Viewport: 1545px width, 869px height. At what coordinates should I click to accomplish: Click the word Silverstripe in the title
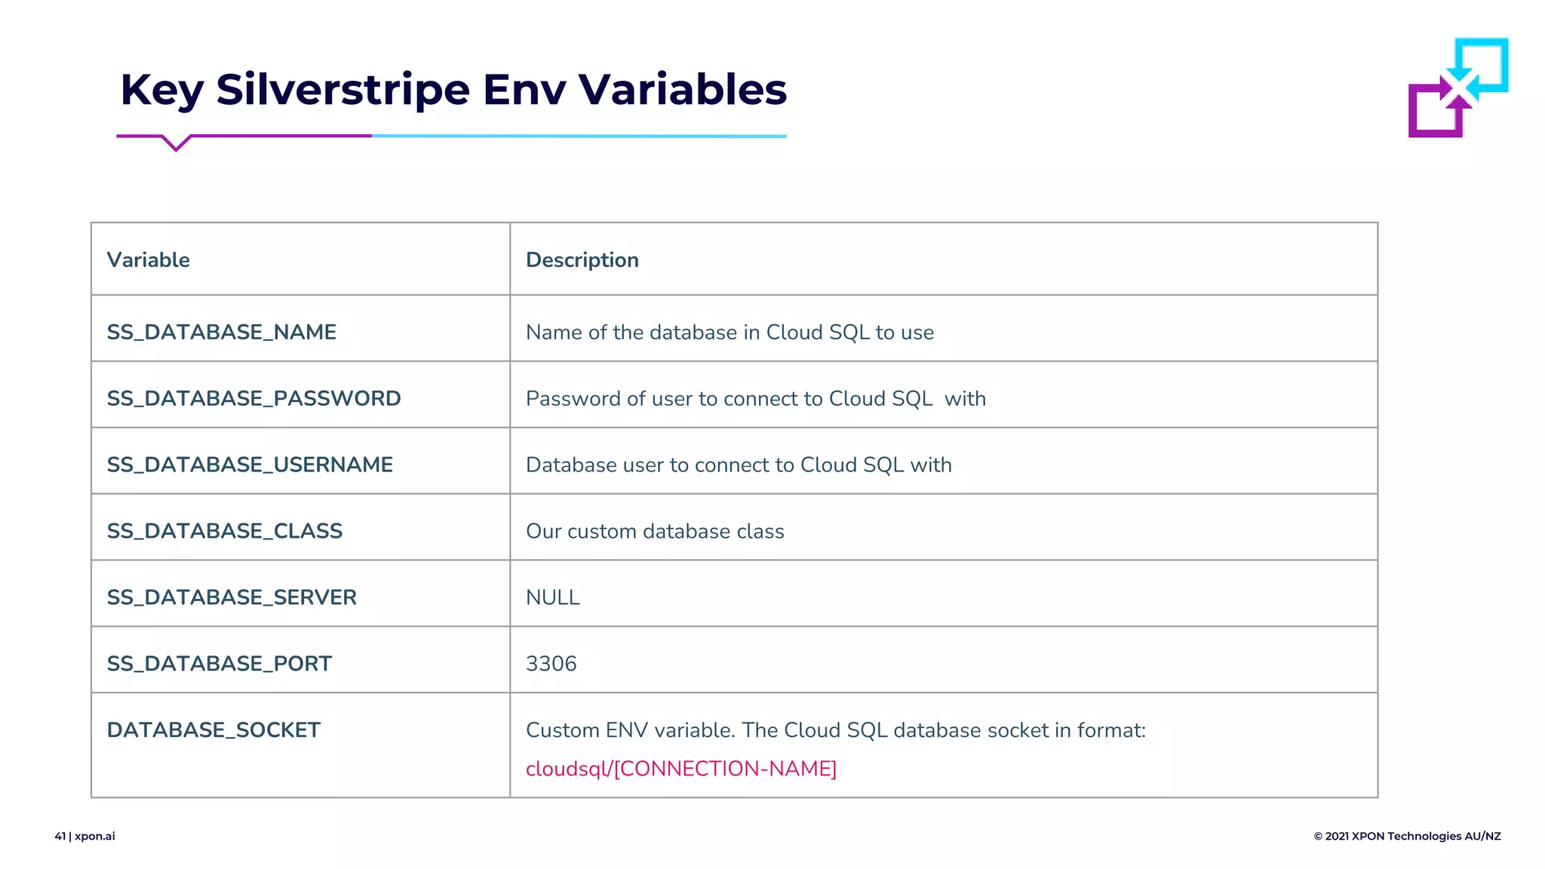click(342, 89)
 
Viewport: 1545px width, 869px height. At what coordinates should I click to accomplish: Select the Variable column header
click(149, 260)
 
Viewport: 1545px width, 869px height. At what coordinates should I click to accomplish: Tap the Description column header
click(582, 260)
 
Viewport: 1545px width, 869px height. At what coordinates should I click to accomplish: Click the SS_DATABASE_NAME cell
click(221, 332)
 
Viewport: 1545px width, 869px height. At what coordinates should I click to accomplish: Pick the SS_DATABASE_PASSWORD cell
click(253, 398)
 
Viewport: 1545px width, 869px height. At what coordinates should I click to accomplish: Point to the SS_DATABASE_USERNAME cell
click(250, 465)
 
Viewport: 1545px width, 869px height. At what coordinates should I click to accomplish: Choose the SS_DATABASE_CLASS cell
click(224, 531)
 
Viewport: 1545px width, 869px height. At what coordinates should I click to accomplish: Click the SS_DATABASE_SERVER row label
click(231, 597)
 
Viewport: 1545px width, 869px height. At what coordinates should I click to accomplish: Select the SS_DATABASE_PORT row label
click(219, 664)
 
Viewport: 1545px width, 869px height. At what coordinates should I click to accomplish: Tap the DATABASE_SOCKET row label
click(213, 730)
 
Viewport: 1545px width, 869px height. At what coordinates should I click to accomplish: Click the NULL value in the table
click(552, 597)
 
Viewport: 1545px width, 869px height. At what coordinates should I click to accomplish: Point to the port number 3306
click(551, 664)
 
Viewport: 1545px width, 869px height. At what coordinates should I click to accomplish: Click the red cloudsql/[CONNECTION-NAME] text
click(680, 769)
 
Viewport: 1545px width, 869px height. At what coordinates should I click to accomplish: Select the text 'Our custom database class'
click(654, 531)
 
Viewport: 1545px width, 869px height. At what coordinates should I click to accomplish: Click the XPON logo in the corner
click(1457, 88)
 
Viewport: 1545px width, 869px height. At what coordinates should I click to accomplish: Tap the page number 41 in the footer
click(60, 836)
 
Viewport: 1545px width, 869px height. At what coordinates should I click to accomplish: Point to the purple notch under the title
click(176, 143)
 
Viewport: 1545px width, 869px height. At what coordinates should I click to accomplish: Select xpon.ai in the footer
click(95, 836)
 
